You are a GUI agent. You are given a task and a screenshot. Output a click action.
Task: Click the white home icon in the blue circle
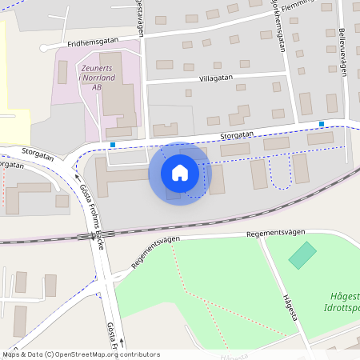(180, 172)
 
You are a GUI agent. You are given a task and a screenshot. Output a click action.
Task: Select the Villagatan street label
(217, 79)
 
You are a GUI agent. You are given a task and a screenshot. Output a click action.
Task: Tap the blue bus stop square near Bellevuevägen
(322, 123)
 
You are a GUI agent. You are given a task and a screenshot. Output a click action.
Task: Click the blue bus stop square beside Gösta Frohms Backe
(113, 145)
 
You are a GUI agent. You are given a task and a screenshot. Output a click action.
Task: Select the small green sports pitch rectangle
(302, 256)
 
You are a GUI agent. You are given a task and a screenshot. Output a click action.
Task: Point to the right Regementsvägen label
(276, 231)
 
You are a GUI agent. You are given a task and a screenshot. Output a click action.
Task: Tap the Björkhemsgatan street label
(281, 28)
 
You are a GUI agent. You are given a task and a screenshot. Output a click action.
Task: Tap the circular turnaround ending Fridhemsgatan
(44, 48)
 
